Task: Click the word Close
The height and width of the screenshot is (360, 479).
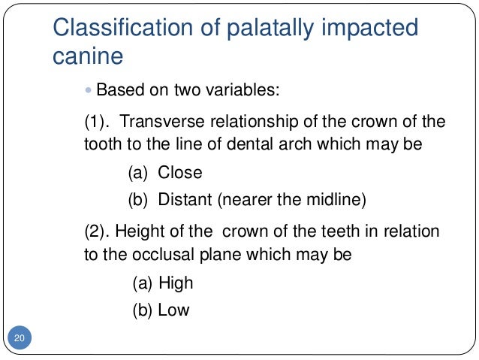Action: click(x=180, y=173)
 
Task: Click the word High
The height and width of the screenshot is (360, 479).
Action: click(x=176, y=283)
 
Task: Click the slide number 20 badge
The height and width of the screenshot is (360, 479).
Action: click(x=20, y=339)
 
